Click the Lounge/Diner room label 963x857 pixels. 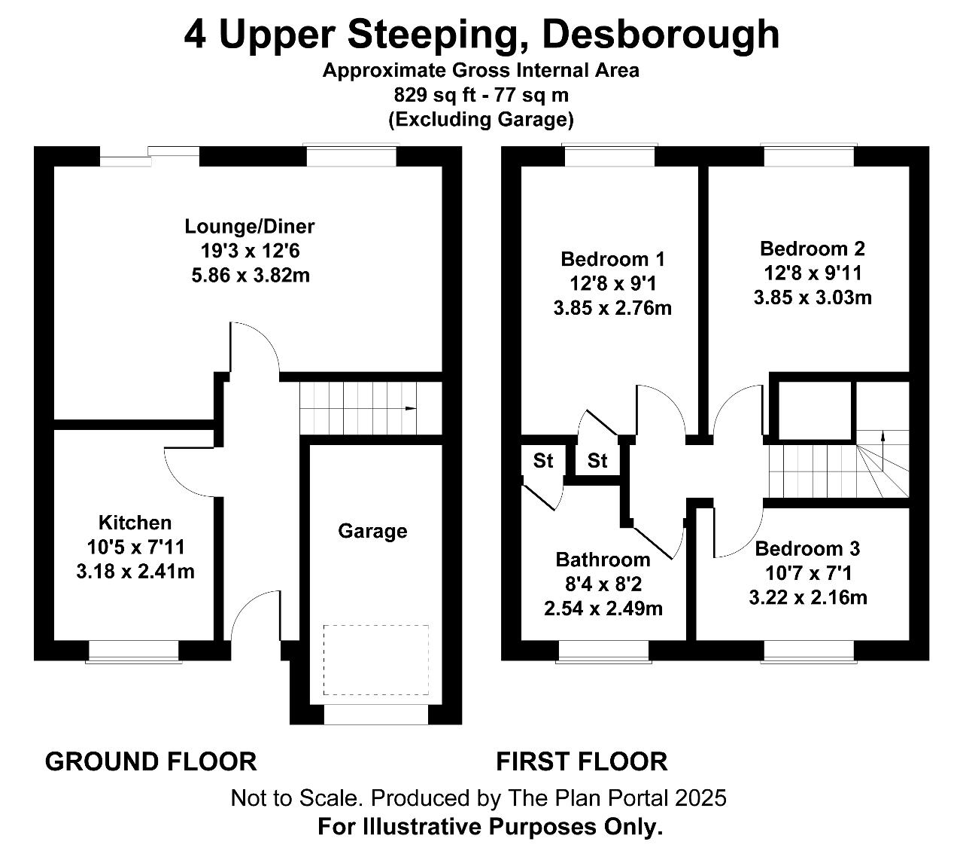tap(250, 227)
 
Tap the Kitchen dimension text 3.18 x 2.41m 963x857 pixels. tap(135, 572)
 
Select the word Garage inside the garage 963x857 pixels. tap(372, 531)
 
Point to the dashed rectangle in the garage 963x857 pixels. tap(376, 660)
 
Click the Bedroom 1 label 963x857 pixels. tap(612, 259)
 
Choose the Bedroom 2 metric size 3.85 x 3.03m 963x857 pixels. tap(813, 298)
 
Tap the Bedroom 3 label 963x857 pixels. tap(807, 549)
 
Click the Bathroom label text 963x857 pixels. tap(603, 560)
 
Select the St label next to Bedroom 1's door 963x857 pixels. tap(597, 461)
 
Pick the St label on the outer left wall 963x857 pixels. tap(543, 461)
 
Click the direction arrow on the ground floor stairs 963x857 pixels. tap(411, 408)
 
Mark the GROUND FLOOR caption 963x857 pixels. tap(150, 761)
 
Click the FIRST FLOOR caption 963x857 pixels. tap(582, 761)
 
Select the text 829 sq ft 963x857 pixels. tap(434, 95)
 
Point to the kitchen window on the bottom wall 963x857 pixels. tap(134, 651)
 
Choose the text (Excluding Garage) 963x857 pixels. tap(481, 120)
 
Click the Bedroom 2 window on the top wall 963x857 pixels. tap(809, 155)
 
